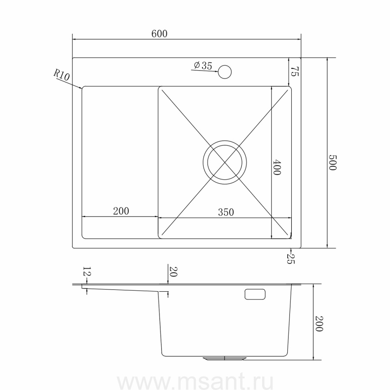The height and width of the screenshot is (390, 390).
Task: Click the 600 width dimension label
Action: [159, 33]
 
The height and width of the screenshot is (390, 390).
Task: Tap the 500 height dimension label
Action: [332, 162]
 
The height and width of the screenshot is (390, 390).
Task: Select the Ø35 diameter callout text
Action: [203, 65]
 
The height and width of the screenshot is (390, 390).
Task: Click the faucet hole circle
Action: [224, 71]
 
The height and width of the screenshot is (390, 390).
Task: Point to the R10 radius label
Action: [62, 75]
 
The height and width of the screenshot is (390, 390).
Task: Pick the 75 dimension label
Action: [294, 71]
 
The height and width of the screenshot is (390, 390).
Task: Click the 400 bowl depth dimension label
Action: [277, 167]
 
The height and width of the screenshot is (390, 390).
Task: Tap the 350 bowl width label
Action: [226, 212]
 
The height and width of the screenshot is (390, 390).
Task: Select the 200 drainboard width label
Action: [121, 211]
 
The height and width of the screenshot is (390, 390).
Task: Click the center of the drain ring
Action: [224, 162]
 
